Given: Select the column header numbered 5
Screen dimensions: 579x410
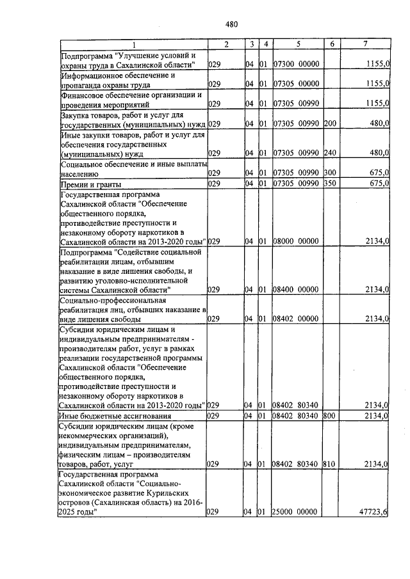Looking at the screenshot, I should pyautogui.click(x=298, y=44).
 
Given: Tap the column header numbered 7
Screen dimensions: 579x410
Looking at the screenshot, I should pyautogui.click(x=365, y=44).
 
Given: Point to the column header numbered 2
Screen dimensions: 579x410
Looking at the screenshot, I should pyautogui.click(x=226, y=44).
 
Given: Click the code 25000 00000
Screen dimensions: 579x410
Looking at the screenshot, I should pyautogui.click(x=296, y=512).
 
